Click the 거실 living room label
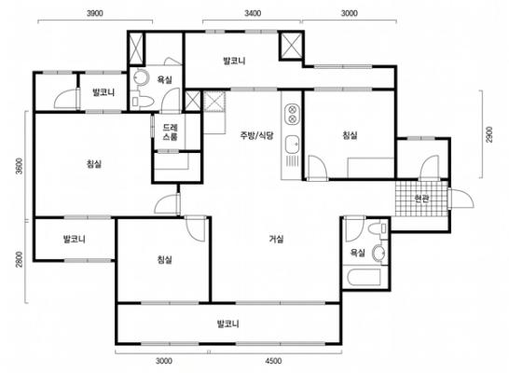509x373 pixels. point(276,240)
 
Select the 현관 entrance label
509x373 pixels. point(421,198)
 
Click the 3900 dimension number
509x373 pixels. point(94,14)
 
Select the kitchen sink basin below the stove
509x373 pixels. point(291,143)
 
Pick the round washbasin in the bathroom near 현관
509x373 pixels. point(378,253)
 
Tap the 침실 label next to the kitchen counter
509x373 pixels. point(350,136)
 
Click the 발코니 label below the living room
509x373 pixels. point(228,325)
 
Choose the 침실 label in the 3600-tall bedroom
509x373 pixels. point(93,164)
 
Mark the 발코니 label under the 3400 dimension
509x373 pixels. point(234,62)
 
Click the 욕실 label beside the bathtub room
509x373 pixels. point(357,252)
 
